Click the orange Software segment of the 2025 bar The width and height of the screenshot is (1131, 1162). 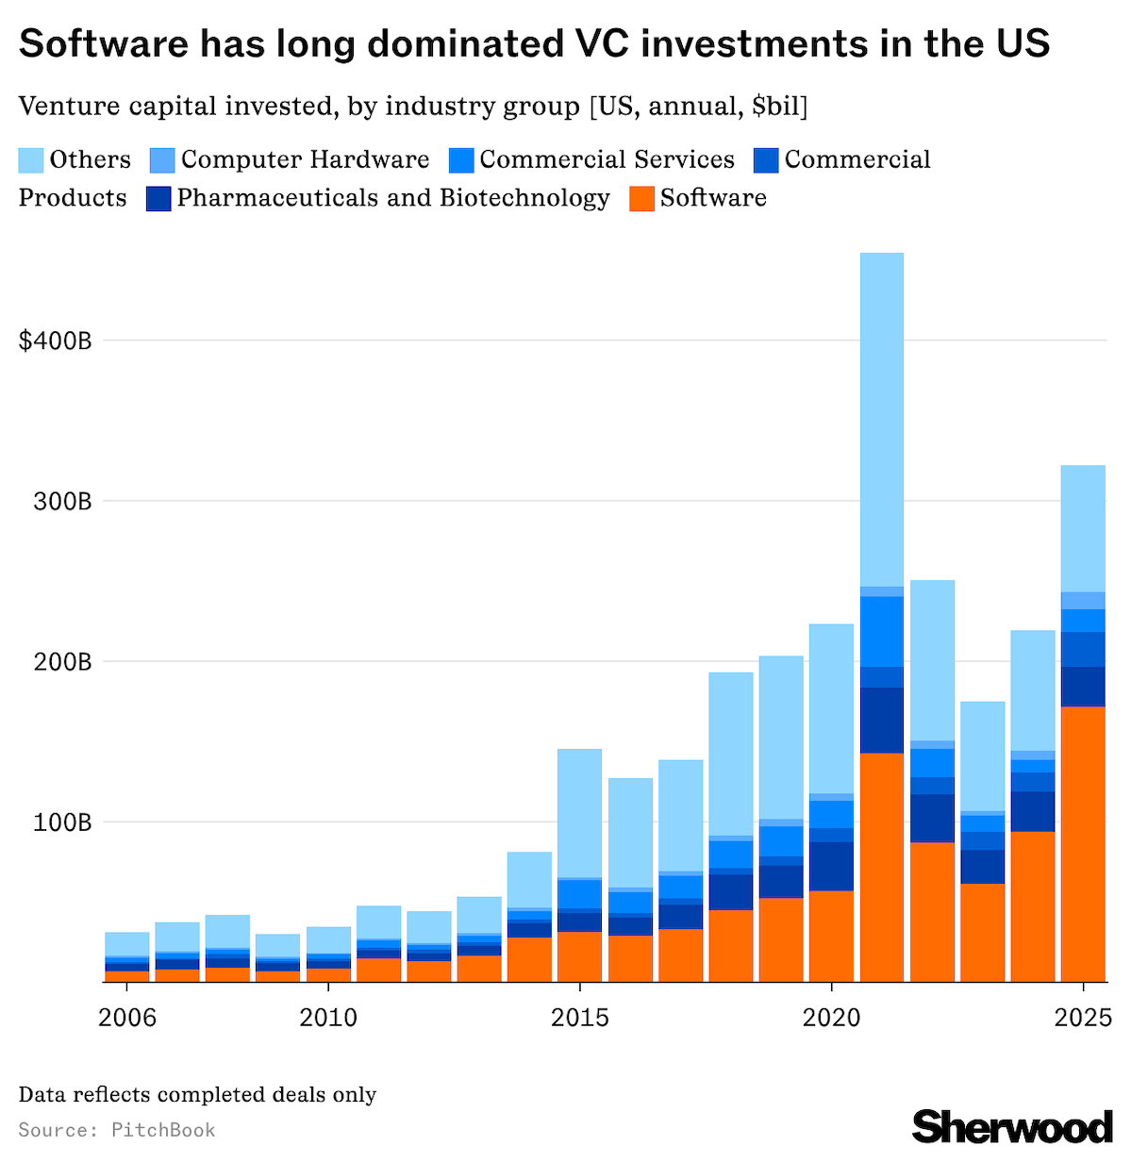(x=1083, y=844)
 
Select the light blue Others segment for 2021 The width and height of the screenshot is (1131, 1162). (x=882, y=420)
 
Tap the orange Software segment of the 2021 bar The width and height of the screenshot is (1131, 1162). (x=882, y=868)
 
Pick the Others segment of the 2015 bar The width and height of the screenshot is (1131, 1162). (x=579, y=813)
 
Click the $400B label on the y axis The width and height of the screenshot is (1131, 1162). (x=55, y=340)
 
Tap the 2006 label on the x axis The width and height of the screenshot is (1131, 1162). (x=126, y=1019)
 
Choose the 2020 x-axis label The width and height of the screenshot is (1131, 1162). (x=831, y=1019)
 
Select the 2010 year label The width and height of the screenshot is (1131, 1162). (x=327, y=1019)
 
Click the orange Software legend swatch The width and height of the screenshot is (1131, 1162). (x=641, y=199)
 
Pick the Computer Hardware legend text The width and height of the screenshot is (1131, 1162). (x=305, y=159)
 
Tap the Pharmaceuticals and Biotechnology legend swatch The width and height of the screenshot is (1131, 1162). (x=158, y=199)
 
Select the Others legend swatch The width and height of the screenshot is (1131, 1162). (x=31, y=160)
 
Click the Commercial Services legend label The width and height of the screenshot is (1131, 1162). (x=607, y=159)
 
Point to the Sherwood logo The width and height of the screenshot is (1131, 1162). (x=1012, y=1126)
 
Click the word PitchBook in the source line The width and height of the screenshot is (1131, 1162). (x=163, y=1130)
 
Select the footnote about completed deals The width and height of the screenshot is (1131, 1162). (x=197, y=1095)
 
